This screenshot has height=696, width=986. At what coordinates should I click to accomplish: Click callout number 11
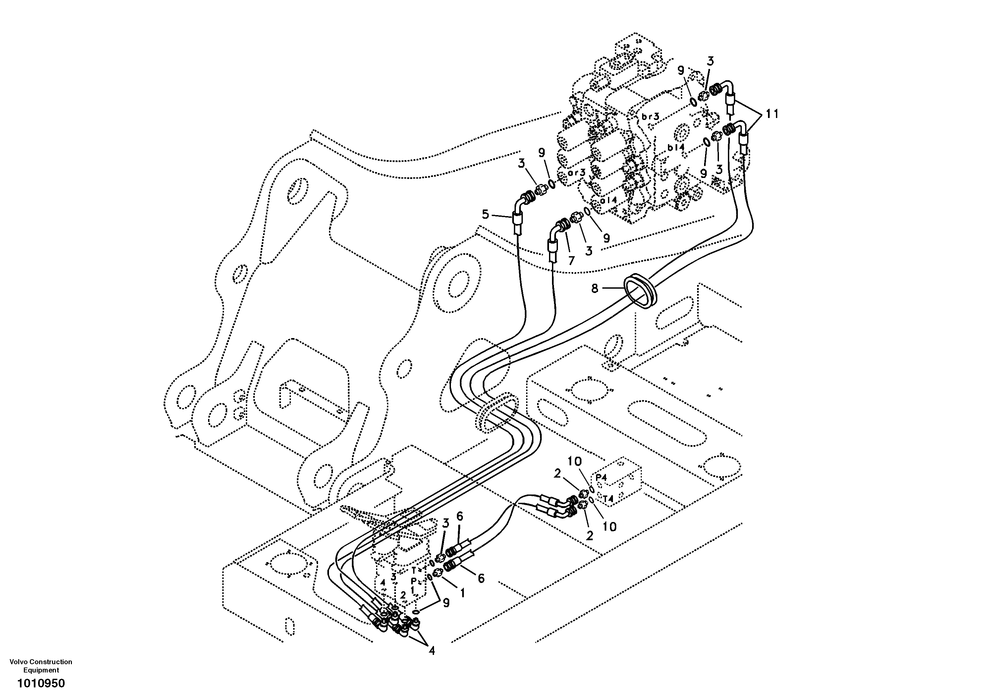point(771,114)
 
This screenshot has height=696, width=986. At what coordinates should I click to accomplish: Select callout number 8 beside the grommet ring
point(594,288)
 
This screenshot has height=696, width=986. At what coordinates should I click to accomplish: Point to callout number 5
point(485,214)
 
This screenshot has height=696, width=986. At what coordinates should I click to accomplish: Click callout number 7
point(571,261)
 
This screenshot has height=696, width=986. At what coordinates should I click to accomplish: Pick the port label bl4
point(676,147)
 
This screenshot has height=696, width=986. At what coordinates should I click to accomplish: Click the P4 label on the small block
point(601,477)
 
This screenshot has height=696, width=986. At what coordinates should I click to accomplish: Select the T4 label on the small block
point(608,499)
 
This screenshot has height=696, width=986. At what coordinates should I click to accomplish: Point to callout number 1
point(463,593)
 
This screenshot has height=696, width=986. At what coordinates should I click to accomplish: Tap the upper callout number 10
point(574,462)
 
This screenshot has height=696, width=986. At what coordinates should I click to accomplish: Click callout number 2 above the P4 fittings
point(557,474)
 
